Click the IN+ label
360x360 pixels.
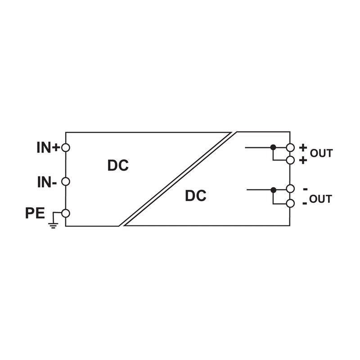48,148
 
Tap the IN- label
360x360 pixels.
47,182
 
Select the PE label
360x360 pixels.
35,213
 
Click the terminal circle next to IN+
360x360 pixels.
66,148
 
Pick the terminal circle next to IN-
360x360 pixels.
66,181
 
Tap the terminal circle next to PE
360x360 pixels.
66,213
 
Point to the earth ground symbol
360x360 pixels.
54,224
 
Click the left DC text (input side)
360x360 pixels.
118,166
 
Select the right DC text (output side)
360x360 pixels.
195,196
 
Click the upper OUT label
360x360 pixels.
321,153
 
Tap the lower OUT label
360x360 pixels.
320,199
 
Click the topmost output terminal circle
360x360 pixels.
290,148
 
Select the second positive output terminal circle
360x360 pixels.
290,160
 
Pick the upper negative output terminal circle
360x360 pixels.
290,189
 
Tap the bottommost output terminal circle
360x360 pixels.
290,203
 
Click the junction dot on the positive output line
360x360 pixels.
273,147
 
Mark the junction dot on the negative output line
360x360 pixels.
273,190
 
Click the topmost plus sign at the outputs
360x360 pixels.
303,147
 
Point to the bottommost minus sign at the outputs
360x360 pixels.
305,203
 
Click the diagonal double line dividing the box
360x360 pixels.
178,179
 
